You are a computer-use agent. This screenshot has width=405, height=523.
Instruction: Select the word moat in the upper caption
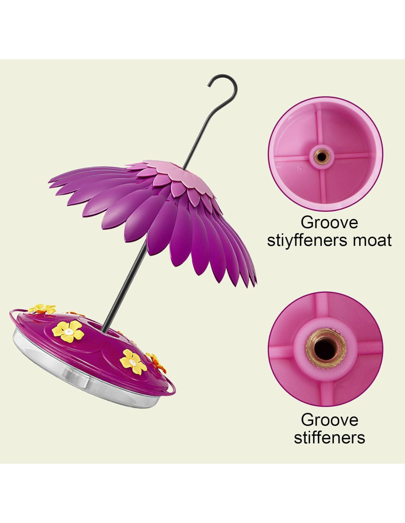372,241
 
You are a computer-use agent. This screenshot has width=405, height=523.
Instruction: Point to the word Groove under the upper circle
329,223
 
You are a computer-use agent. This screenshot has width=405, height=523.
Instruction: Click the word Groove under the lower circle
329,420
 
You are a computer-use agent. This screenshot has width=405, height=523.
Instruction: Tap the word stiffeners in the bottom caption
329,438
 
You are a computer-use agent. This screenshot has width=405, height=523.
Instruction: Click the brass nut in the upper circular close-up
321,156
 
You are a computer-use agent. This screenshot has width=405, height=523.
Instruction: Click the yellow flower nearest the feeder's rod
68,331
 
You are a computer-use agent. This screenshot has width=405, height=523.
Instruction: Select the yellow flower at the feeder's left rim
41,309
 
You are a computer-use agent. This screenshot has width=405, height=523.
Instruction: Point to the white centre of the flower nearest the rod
68,331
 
